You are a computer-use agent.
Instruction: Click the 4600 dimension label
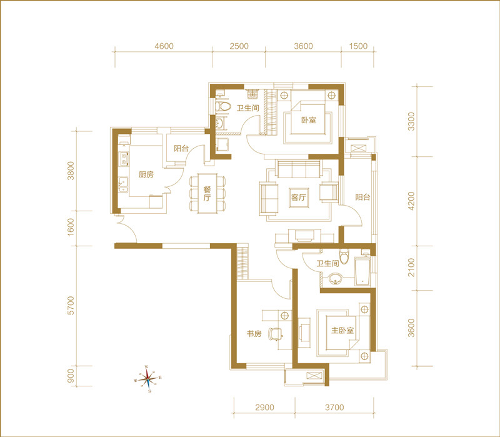click(164, 46)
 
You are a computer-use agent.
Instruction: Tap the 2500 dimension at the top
click(239, 46)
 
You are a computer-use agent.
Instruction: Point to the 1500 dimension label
click(358, 46)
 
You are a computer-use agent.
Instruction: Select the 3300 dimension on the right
click(412, 121)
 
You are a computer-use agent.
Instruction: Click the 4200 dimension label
click(412, 201)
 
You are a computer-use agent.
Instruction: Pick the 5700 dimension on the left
click(71, 306)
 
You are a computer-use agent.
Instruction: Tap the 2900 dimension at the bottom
click(264, 408)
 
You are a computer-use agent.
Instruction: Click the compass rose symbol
click(147, 379)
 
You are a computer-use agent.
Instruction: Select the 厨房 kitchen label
click(146, 174)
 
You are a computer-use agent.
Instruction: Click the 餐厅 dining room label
click(207, 194)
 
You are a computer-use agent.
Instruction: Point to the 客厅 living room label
click(299, 198)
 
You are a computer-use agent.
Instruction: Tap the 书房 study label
click(254, 334)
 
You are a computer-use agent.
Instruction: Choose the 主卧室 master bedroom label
click(342, 330)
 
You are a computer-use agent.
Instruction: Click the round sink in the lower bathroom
click(335, 278)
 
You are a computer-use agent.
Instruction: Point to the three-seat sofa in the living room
click(299, 169)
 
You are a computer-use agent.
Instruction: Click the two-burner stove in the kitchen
click(124, 159)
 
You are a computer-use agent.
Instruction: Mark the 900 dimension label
click(71, 376)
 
